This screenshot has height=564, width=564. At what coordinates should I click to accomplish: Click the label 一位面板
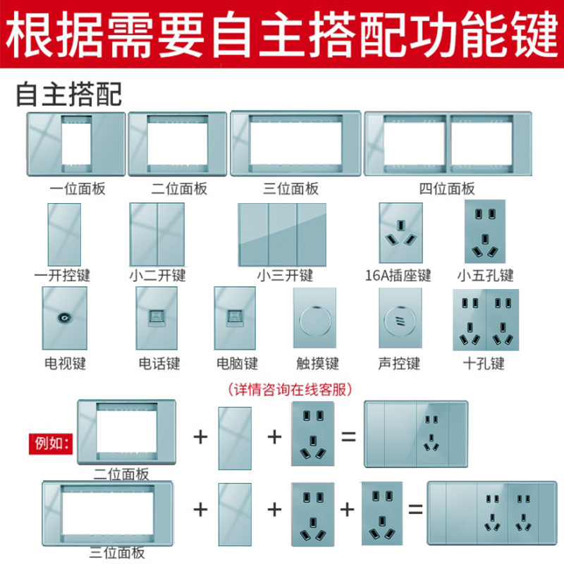pyautogui.click(x=77, y=188)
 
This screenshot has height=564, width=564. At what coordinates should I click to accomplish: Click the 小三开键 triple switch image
pyautogui.click(x=283, y=233)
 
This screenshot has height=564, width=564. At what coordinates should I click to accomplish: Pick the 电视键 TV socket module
pyautogui.click(x=64, y=318)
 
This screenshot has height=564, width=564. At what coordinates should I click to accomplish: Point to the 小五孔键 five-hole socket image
pyautogui.click(x=486, y=232)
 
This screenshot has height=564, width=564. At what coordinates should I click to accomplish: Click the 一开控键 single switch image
pyautogui.click(x=63, y=233)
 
